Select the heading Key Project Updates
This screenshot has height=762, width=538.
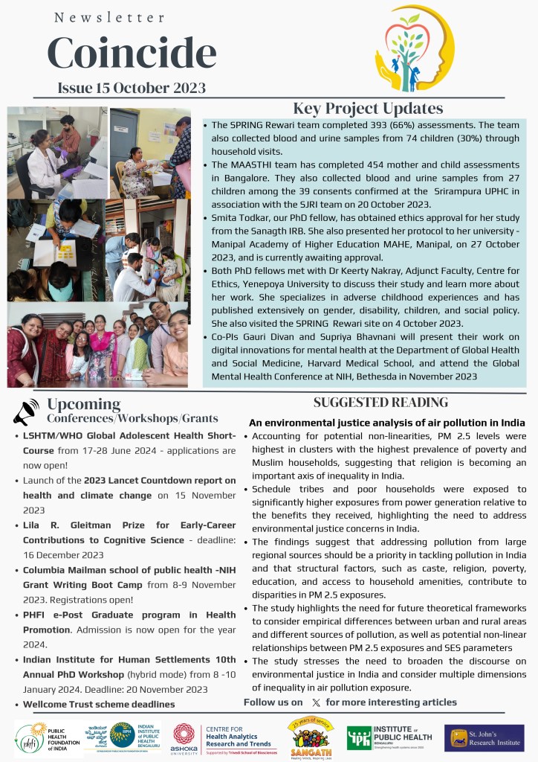click(368, 109)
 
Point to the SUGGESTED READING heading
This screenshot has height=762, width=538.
click(380, 403)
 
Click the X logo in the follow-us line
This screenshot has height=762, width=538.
click(317, 702)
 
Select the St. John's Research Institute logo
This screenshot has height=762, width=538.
click(484, 737)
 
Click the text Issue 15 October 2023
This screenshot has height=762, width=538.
click(132, 88)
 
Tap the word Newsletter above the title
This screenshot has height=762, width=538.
click(109, 16)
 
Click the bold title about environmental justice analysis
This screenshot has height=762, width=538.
click(387, 423)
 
